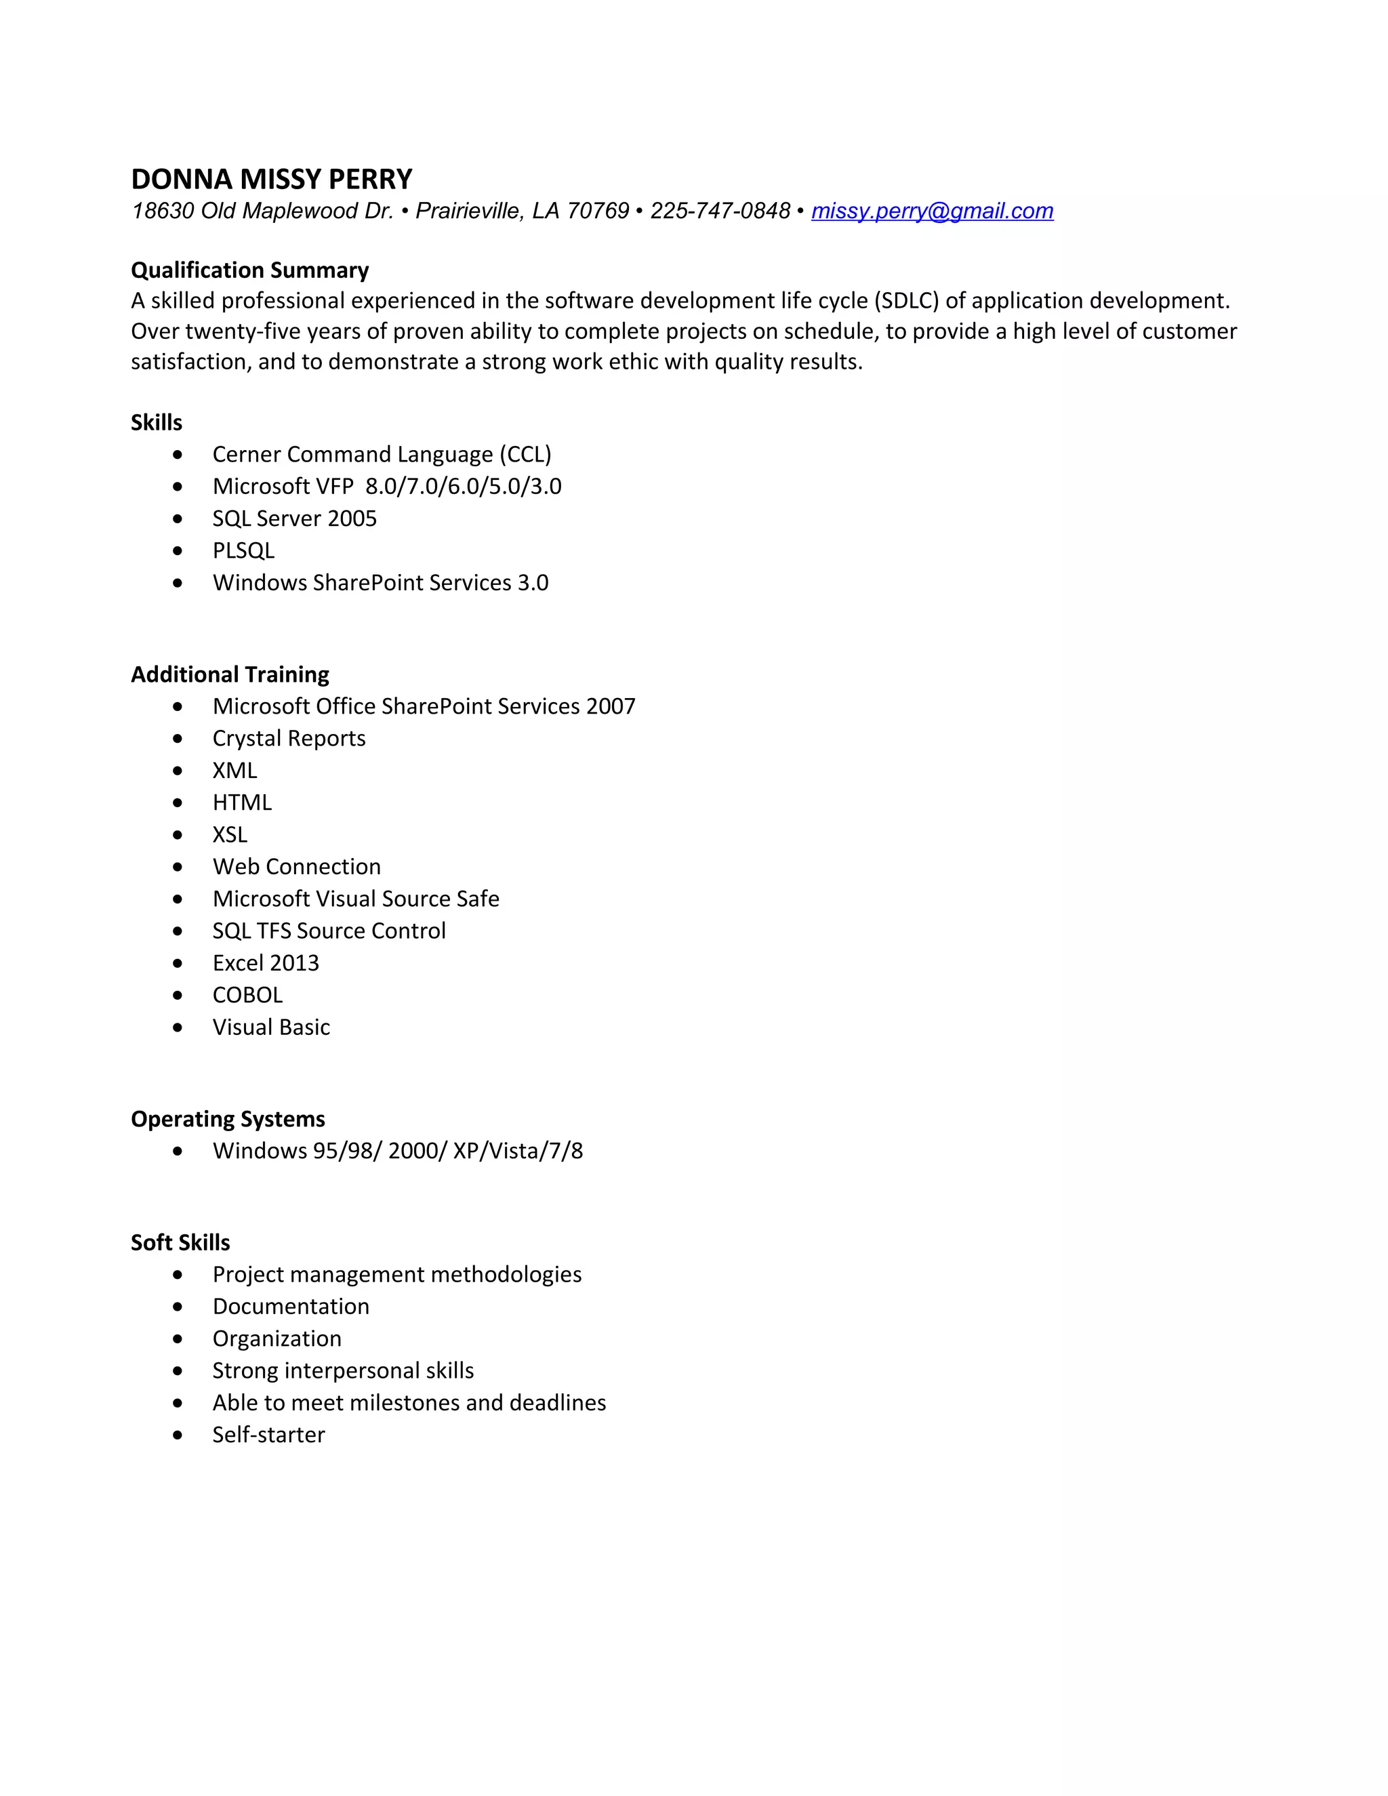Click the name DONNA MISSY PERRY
pyautogui.click(x=271, y=180)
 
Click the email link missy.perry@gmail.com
pyautogui.click(x=932, y=211)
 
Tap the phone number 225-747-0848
pyautogui.click(x=720, y=211)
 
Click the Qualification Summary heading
pyautogui.click(x=250, y=270)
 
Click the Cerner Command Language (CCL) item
pyautogui.click(x=382, y=455)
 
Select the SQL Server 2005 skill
pyautogui.click(x=294, y=519)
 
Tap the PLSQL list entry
pyautogui.click(x=243, y=551)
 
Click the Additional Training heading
pyautogui.click(x=230, y=674)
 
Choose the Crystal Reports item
pyautogui.click(x=289, y=739)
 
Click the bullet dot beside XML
pyautogui.click(x=178, y=771)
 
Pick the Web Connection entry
pyautogui.click(x=296, y=867)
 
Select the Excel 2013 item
pyautogui.click(x=266, y=963)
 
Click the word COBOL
pyautogui.click(x=247, y=995)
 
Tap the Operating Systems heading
pyautogui.click(x=228, y=1119)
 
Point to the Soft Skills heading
pyautogui.click(x=180, y=1242)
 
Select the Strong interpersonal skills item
pyautogui.click(x=343, y=1371)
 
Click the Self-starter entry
pyautogui.click(x=268, y=1435)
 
